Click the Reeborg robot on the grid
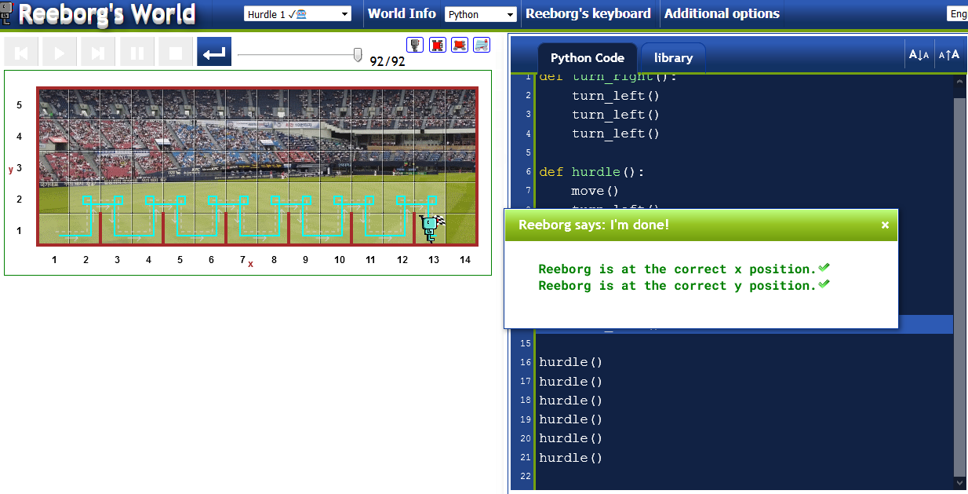click(x=429, y=227)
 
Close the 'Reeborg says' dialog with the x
click(x=885, y=225)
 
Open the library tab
click(x=673, y=57)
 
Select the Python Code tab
click(x=587, y=57)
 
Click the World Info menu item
click(x=402, y=13)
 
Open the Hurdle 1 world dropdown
click(x=298, y=14)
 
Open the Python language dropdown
click(x=480, y=14)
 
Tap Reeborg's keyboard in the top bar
click(x=588, y=13)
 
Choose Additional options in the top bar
click(x=722, y=13)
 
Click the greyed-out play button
click(x=59, y=53)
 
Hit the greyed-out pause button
click(x=136, y=53)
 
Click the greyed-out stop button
click(x=176, y=53)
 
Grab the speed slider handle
click(x=358, y=54)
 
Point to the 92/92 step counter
click(x=388, y=61)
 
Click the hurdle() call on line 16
click(x=570, y=362)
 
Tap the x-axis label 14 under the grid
click(x=465, y=260)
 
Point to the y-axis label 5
click(x=20, y=104)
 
